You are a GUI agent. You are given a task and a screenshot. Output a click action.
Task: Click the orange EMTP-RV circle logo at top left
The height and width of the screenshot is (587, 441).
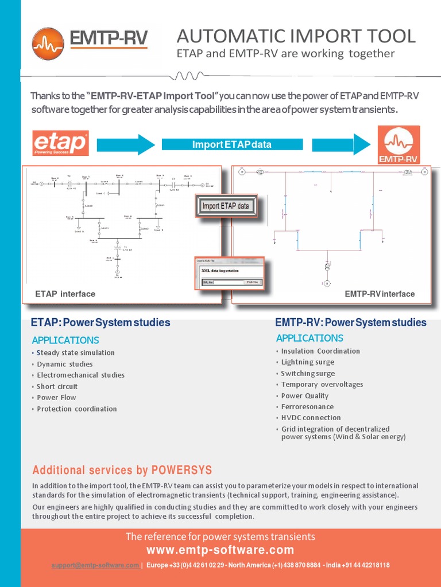point(48,44)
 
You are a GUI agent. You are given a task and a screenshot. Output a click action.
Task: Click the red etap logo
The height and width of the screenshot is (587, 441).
point(60,143)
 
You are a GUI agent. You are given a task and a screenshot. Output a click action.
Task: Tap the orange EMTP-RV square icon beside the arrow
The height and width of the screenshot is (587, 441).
point(398,144)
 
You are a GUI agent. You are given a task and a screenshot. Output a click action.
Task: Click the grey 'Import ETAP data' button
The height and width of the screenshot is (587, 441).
point(226,206)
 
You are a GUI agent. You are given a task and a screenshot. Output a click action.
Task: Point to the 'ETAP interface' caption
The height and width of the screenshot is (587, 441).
point(65,294)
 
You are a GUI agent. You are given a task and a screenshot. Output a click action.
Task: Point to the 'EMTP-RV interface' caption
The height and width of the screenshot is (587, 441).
point(380,294)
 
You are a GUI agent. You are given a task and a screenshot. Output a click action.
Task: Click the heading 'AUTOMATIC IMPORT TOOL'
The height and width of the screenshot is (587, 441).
point(296,36)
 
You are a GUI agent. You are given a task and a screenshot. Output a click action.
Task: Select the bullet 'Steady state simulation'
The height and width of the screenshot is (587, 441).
point(75,353)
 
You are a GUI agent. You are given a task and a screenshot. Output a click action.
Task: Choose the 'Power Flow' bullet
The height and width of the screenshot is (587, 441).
point(56,397)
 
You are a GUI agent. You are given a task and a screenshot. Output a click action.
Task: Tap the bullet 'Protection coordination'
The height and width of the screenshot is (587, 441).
point(76,409)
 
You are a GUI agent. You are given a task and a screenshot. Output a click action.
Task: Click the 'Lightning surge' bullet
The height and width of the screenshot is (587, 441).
point(307,362)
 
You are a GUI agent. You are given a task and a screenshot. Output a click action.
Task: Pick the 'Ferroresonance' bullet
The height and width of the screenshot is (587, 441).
point(307,406)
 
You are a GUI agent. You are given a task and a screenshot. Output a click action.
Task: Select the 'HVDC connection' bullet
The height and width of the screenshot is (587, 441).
point(311,418)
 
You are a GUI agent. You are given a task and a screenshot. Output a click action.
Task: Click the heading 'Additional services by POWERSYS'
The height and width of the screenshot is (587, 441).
point(122,471)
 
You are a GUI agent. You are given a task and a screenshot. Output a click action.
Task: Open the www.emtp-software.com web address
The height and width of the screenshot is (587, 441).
point(220,550)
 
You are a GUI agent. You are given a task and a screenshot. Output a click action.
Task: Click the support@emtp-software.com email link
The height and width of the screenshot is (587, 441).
point(95,565)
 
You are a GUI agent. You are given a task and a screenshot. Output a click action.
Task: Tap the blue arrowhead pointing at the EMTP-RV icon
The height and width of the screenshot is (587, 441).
point(362,144)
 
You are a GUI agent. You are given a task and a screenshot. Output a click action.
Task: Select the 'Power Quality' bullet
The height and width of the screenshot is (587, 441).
point(304,396)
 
